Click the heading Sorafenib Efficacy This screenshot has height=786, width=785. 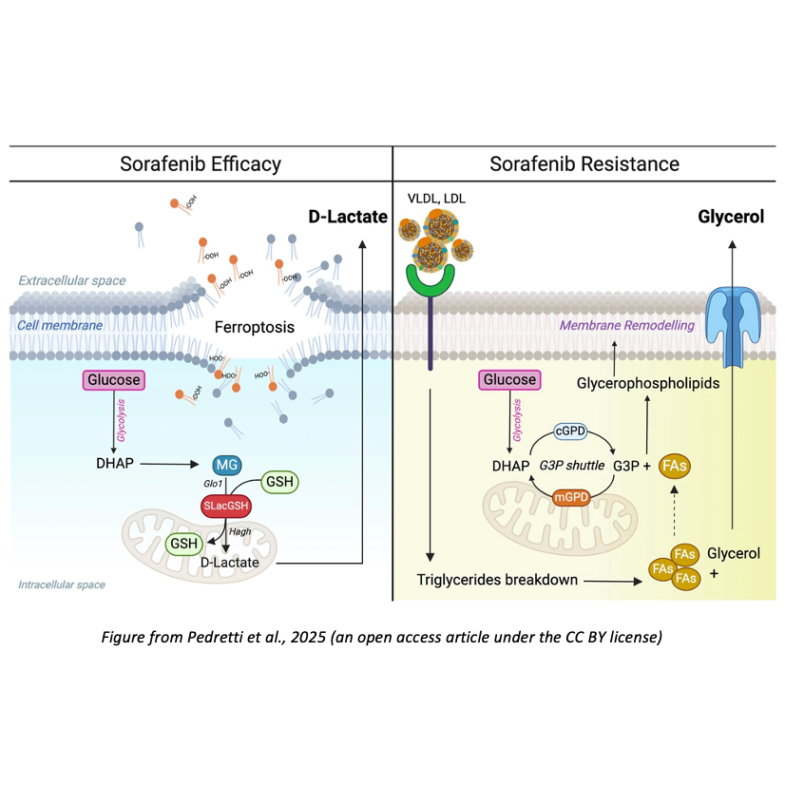coord(200,163)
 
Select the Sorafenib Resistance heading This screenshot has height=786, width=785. coord(584,163)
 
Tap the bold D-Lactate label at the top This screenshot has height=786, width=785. coord(347,218)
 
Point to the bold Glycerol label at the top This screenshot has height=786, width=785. coord(731,218)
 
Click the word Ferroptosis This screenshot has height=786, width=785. coord(253,327)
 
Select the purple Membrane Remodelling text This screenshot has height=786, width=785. coord(627,325)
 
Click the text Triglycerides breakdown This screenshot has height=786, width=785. coord(498,579)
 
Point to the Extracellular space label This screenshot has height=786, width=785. coord(71,281)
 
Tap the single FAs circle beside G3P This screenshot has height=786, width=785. coord(675,466)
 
